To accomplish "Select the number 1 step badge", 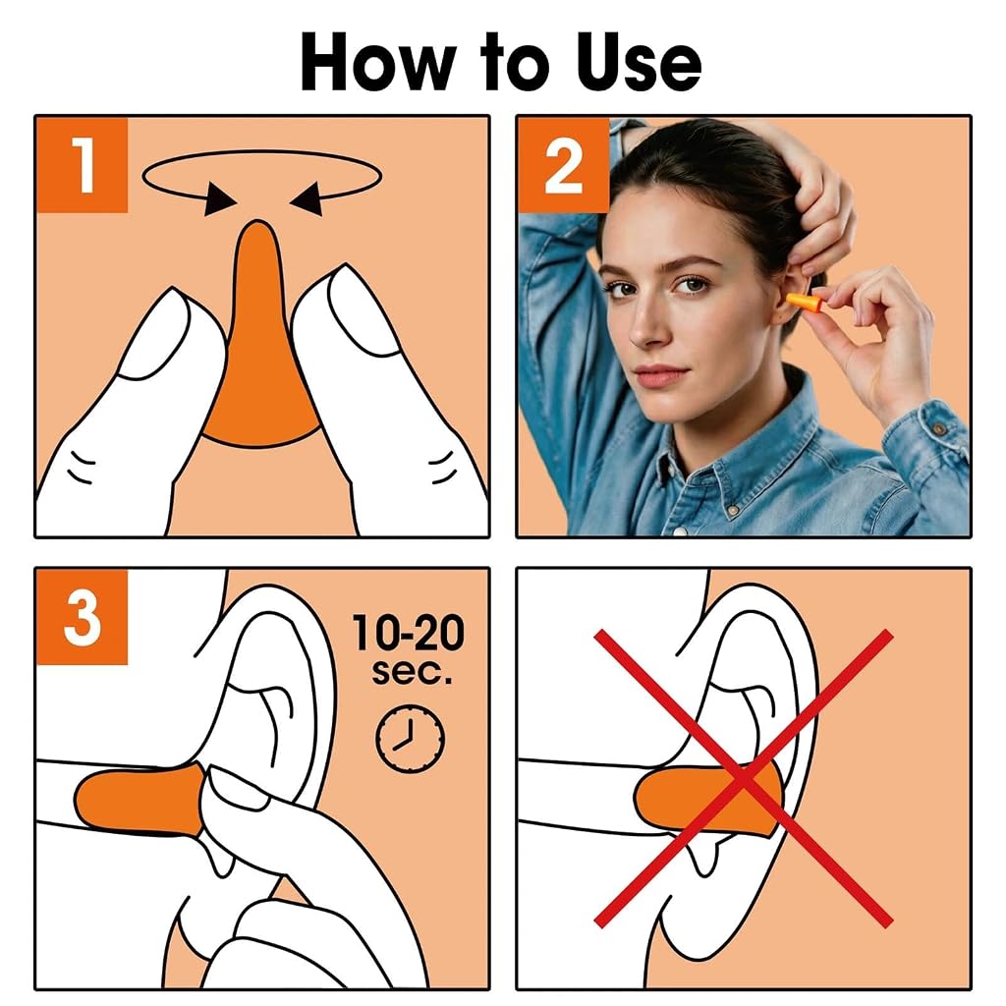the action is tap(83, 165).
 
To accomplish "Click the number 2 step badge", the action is tap(564, 165).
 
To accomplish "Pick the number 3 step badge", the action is tap(83, 617).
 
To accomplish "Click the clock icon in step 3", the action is tap(410, 739).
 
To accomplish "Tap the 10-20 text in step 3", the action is tap(408, 634).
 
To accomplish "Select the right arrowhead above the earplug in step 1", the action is tap(307, 198).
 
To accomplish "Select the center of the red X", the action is tap(743, 779).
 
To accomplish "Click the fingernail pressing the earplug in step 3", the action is tap(236, 790).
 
